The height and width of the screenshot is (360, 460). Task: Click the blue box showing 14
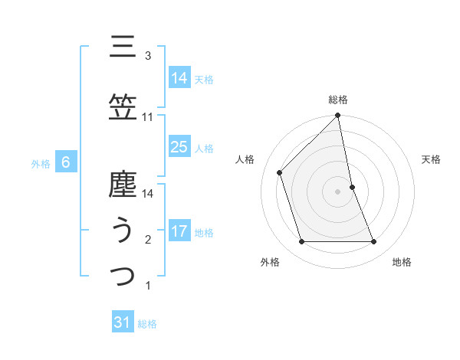pyautogui.click(x=179, y=77)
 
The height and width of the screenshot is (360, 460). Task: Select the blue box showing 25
pyautogui.click(x=179, y=147)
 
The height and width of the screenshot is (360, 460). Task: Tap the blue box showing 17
pyautogui.click(x=179, y=231)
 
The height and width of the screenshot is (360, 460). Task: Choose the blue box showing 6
pyautogui.click(x=66, y=162)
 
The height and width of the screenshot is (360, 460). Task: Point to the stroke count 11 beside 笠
pyautogui.click(x=148, y=117)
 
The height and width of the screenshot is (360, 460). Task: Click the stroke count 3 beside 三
pyautogui.click(x=148, y=56)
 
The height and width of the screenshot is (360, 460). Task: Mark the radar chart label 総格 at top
pyautogui.click(x=338, y=100)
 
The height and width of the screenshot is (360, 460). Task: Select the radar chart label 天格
pyautogui.click(x=431, y=159)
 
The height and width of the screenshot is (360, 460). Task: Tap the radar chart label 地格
pyautogui.click(x=402, y=262)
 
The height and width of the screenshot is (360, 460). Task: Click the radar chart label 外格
pyautogui.click(x=270, y=262)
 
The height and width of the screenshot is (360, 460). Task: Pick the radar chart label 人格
pyautogui.click(x=245, y=159)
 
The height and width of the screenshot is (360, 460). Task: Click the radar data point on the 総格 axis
pyautogui.click(x=338, y=116)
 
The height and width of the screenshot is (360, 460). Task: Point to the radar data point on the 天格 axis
pyautogui.click(x=352, y=187)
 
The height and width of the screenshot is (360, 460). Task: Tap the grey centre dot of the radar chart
pyautogui.click(x=338, y=191)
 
